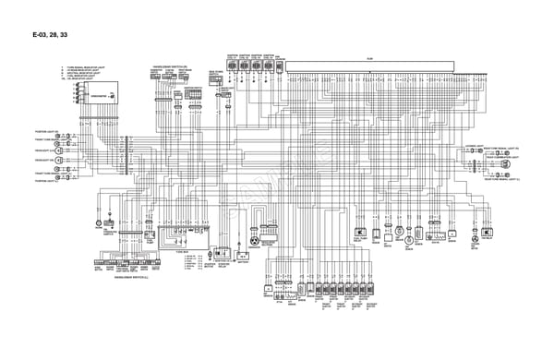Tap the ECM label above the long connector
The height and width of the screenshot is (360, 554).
pyautogui.click(x=369, y=58)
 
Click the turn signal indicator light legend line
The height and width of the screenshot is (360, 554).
pyautogui.click(x=87, y=68)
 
